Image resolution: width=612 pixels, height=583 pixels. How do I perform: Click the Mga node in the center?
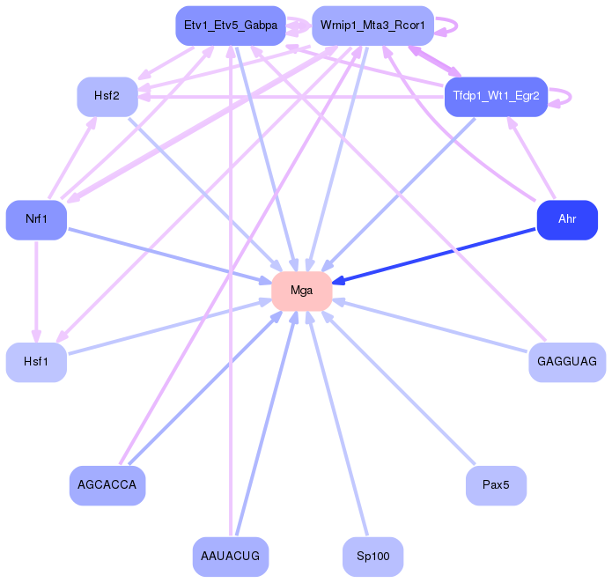[x=301, y=291]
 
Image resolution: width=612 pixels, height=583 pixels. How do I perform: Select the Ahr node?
[x=567, y=219]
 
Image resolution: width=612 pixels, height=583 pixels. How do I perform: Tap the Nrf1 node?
[x=36, y=219]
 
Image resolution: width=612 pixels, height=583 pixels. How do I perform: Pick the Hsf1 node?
[x=36, y=362]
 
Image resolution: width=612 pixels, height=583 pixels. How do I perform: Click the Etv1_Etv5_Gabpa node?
[x=229, y=26]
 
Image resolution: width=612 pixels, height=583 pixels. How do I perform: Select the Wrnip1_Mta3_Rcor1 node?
[x=372, y=26]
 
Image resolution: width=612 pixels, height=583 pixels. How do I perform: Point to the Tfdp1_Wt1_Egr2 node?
[x=497, y=96]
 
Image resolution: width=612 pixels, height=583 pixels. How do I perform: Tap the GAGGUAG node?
[x=567, y=362]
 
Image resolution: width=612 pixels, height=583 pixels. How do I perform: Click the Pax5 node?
[x=496, y=485]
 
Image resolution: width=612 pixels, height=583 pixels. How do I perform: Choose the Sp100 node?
[x=372, y=556]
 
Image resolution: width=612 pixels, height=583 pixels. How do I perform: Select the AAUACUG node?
[x=230, y=556]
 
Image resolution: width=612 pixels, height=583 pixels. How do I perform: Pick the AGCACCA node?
[x=107, y=485]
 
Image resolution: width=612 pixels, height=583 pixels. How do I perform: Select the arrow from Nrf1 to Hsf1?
[x=36, y=291]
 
